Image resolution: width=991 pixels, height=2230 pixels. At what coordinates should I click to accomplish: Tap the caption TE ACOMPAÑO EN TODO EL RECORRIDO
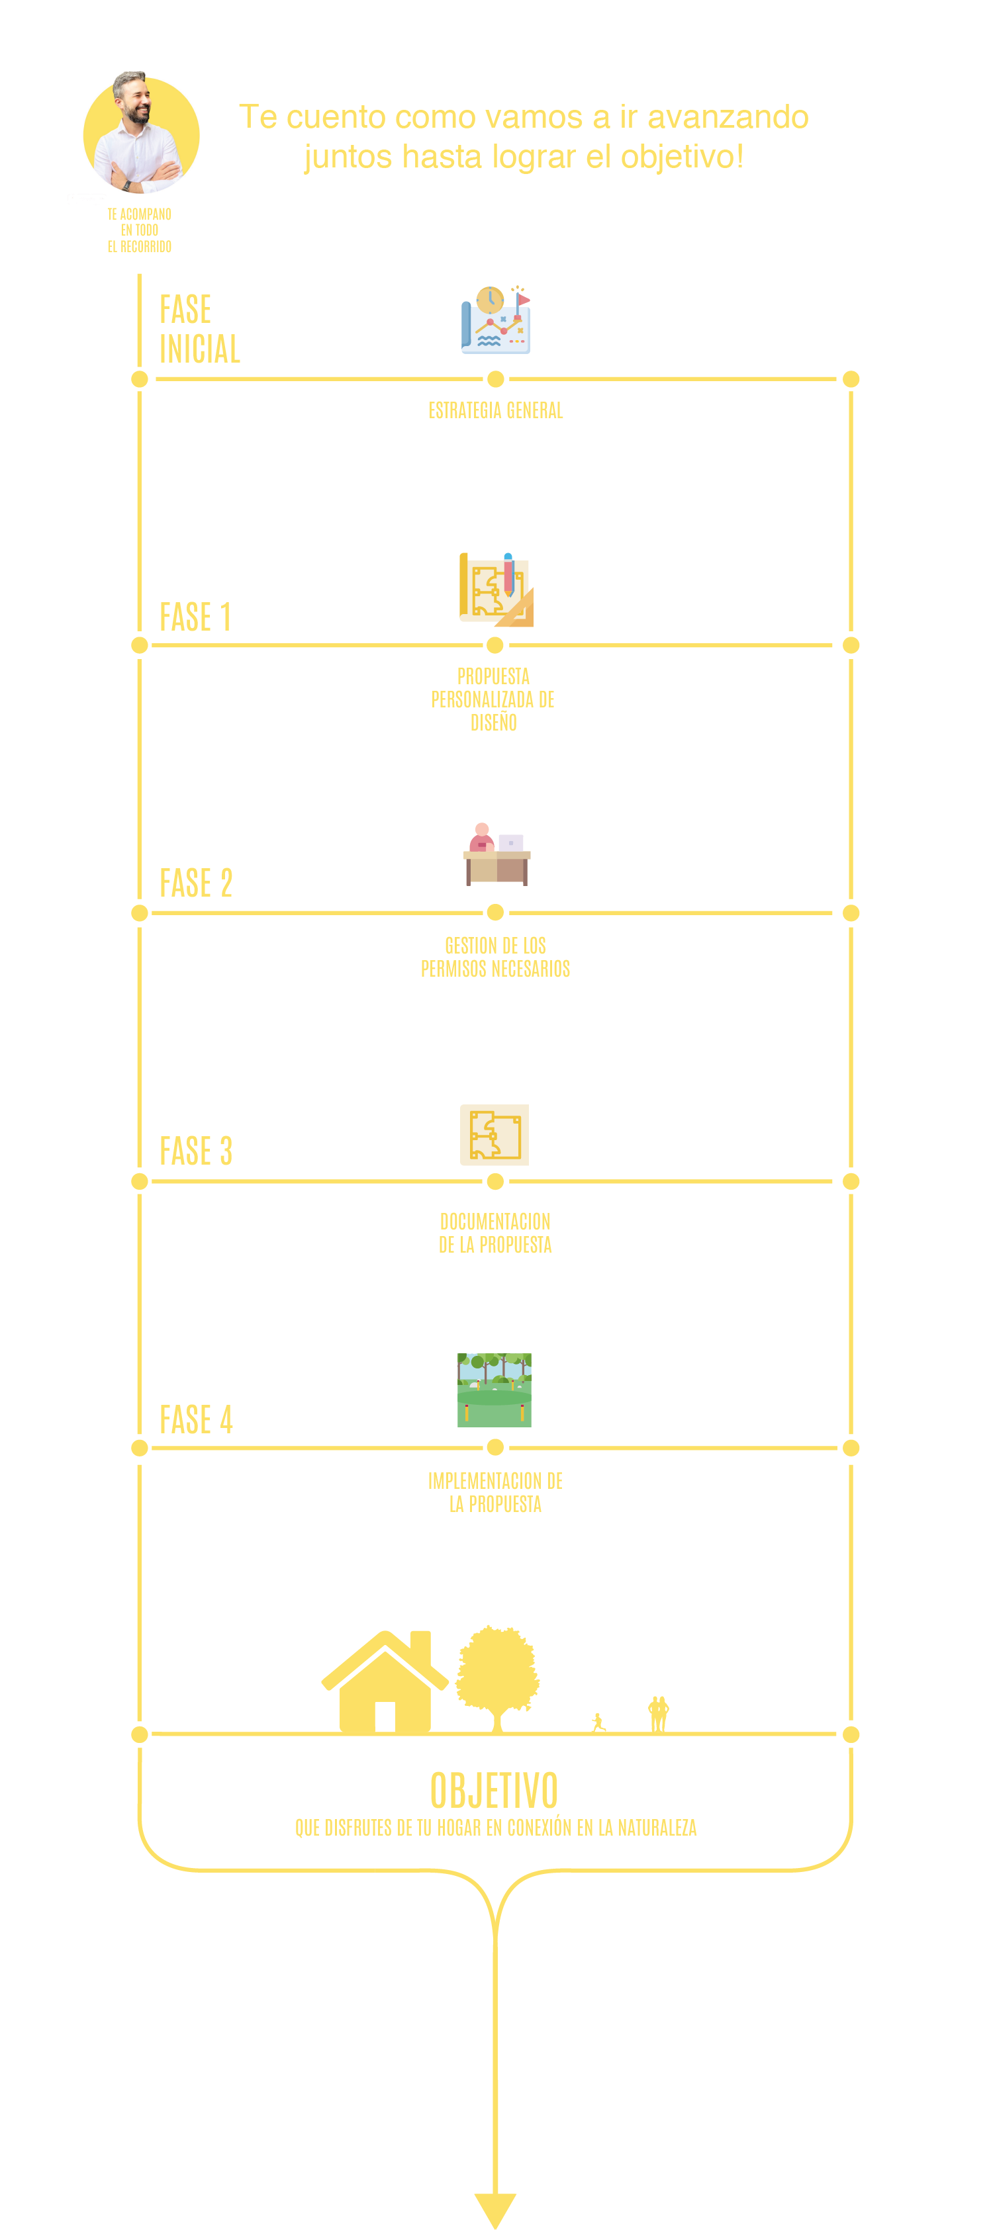tap(140, 230)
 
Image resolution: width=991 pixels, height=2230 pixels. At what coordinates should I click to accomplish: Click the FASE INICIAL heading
tap(199, 329)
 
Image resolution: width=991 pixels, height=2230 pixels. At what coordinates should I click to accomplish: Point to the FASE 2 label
tap(196, 883)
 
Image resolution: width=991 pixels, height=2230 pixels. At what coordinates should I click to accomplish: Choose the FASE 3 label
tap(196, 1151)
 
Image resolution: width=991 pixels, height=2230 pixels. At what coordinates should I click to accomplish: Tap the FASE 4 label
tap(196, 1419)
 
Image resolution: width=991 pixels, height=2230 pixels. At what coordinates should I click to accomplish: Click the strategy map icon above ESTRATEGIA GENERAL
tap(495, 320)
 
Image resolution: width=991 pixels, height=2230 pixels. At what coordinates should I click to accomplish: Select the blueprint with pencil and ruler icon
tap(495, 589)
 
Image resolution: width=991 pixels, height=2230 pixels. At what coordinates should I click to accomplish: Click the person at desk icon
tap(496, 854)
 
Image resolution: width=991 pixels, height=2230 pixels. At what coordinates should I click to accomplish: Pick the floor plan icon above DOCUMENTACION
tap(495, 1135)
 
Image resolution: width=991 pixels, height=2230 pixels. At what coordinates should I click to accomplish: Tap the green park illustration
tap(495, 1390)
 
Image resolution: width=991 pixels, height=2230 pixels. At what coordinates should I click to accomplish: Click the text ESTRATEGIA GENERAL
tap(495, 410)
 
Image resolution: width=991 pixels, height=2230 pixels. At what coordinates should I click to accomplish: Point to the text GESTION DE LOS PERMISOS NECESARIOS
tap(495, 957)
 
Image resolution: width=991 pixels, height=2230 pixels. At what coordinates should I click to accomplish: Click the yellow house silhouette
tap(385, 1681)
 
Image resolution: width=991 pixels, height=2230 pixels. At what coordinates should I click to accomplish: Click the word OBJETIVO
tap(495, 1789)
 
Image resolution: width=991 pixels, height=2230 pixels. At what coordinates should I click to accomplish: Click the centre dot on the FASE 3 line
tap(495, 1181)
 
